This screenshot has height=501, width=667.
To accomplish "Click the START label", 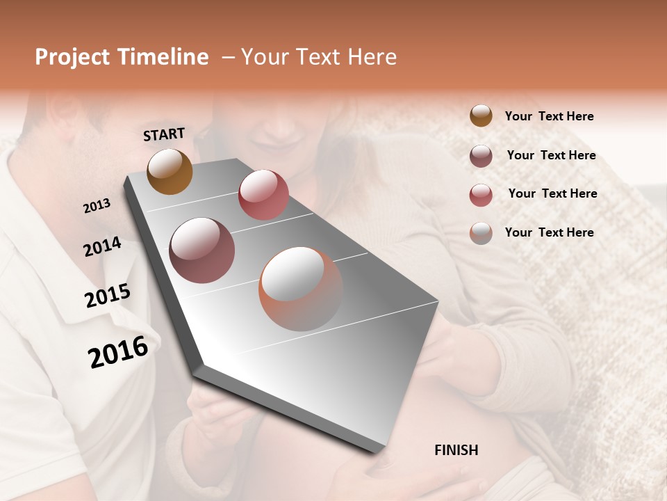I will [x=164, y=134].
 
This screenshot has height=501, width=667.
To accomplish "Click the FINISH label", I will [x=456, y=450].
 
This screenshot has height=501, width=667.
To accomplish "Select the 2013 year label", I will [x=97, y=206].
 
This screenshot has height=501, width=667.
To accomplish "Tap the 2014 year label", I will [x=102, y=247].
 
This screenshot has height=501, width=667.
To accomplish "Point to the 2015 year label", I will [x=107, y=296].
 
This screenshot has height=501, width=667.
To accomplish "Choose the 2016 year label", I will [x=118, y=352].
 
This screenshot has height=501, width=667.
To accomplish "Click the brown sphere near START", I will [x=170, y=171].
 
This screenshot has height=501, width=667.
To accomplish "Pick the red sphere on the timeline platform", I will [x=263, y=194].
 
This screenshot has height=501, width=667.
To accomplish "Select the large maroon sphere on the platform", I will [x=201, y=250].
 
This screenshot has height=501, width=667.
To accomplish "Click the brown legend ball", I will [x=481, y=116].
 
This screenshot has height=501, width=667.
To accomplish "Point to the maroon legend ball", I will [x=481, y=156].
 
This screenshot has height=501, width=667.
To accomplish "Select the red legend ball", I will [x=481, y=195].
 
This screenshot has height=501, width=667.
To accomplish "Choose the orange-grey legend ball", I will [x=481, y=233].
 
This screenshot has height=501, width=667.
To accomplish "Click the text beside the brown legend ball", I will [x=549, y=116].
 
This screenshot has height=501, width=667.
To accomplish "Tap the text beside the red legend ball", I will [x=552, y=193].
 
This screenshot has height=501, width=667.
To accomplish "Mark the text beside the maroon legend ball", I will [x=551, y=155].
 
